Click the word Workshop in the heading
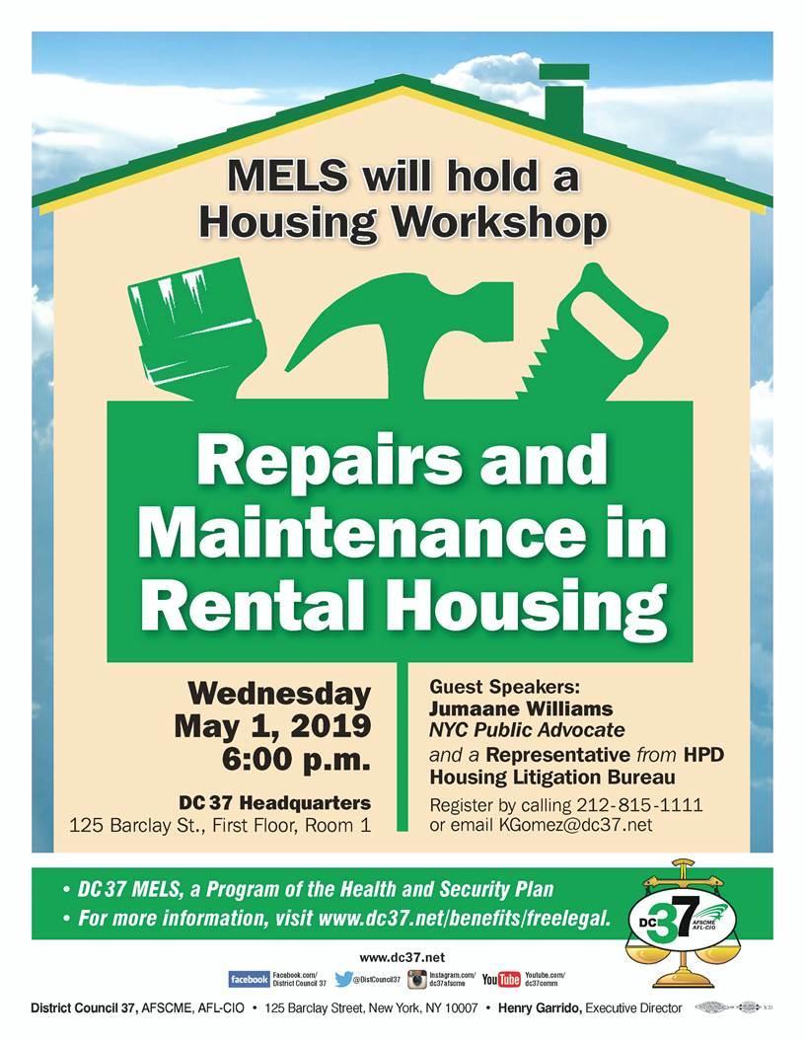(x=497, y=223)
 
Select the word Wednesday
(x=279, y=696)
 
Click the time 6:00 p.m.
(x=296, y=761)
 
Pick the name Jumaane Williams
(x=521, y=708)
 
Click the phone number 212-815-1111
(x=639, y=805)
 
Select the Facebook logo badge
(x=249, y=979)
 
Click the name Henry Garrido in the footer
(x=539, y=1008)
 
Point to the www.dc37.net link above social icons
(x=402, y=957)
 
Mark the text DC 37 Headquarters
(x=275, y=803)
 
